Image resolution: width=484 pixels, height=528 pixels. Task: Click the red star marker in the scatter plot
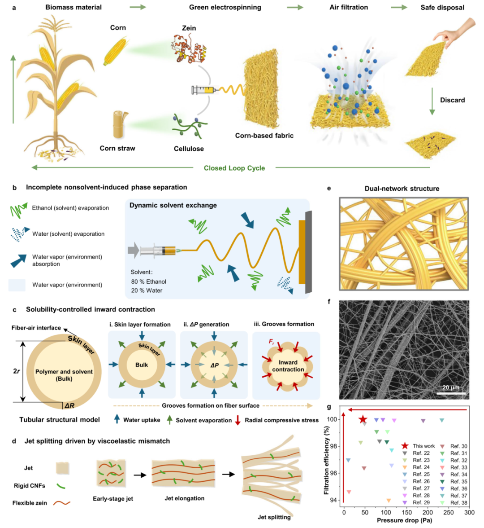(362, 419)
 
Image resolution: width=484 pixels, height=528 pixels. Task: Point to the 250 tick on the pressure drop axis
(448, 513)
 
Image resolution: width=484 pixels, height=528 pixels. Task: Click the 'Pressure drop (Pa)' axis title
(404, 520)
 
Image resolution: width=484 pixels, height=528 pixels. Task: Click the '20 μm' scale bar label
(451, 387)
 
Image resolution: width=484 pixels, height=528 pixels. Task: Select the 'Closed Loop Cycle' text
(234, 168)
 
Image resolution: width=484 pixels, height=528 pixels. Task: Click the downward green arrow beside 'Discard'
(432, 101)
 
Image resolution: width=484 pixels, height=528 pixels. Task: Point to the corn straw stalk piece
(119, 125)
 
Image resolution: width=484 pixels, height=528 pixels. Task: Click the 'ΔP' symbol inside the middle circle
(214, 365)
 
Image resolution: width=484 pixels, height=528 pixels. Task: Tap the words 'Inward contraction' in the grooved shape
(288, 365)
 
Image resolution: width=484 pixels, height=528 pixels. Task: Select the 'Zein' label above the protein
(189, 28)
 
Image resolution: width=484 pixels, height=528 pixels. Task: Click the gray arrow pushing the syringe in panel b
(134, 250)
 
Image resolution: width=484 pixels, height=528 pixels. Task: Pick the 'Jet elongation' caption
(185, 498)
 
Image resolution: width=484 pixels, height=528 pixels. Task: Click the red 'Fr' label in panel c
(271, 342)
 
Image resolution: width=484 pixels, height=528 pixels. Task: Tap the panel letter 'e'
(329, 189)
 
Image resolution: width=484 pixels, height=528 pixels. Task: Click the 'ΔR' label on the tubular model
(69, 406)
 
